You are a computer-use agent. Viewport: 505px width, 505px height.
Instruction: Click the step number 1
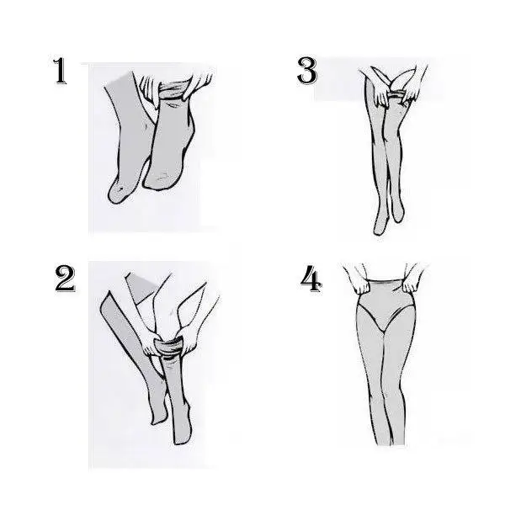61,72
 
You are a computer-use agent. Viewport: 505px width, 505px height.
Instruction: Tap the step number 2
66,279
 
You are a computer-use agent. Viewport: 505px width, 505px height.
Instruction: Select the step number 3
307,71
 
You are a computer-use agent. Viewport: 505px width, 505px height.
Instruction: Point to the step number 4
311,279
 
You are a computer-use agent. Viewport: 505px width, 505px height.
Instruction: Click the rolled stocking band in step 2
169,348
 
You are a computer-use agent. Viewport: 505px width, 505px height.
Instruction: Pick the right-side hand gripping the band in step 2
189,339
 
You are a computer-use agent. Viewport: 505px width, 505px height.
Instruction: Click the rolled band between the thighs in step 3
396,95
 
